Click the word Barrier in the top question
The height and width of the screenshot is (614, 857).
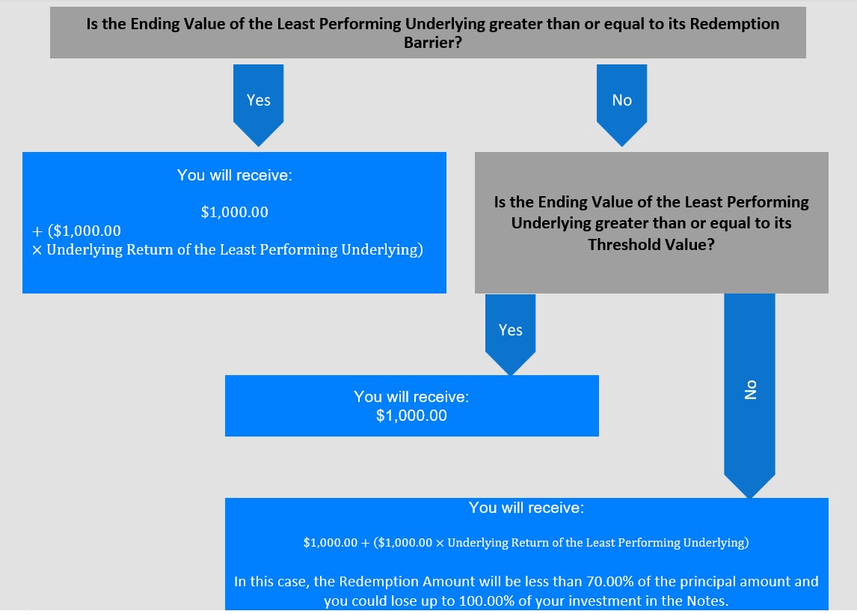(429, 42)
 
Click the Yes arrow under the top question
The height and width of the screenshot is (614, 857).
(259, 105)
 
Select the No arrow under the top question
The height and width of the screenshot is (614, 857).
(622, 105)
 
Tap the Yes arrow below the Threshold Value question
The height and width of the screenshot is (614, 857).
(511, 335)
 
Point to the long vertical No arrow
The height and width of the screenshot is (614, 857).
(750, 395)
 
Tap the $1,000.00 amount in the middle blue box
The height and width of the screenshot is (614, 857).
(411, 416)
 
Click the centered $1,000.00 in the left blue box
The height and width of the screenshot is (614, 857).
(235, 212)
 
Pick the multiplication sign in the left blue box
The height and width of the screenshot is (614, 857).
(37, 250)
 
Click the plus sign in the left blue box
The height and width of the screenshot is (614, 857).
(37, 231)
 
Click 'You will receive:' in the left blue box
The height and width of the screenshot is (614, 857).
(235, 175)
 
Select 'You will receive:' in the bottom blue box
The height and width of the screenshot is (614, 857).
(526, 508)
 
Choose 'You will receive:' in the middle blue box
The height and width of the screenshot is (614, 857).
(411, 397)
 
